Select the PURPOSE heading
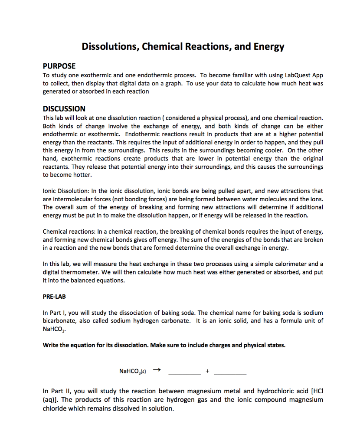[59, 66]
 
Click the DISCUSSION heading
[64, 108]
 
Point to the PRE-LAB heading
[54, 297]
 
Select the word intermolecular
[69, 199]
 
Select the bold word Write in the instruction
[52, 346]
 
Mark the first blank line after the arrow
[184, 372]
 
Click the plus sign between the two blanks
[207, 372]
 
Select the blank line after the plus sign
[230, 372]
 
